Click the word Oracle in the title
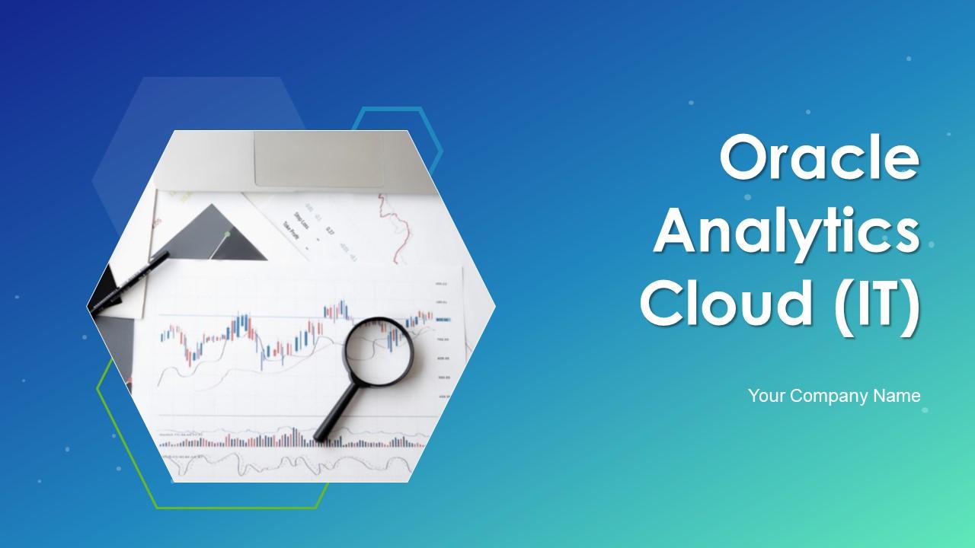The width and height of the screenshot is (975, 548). [x=820, y=159]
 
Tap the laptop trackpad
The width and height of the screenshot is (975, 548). [x=318, y=158]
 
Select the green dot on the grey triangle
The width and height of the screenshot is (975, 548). [x=226, y=234]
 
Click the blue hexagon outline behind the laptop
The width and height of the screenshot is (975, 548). [x=427, y=122]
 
